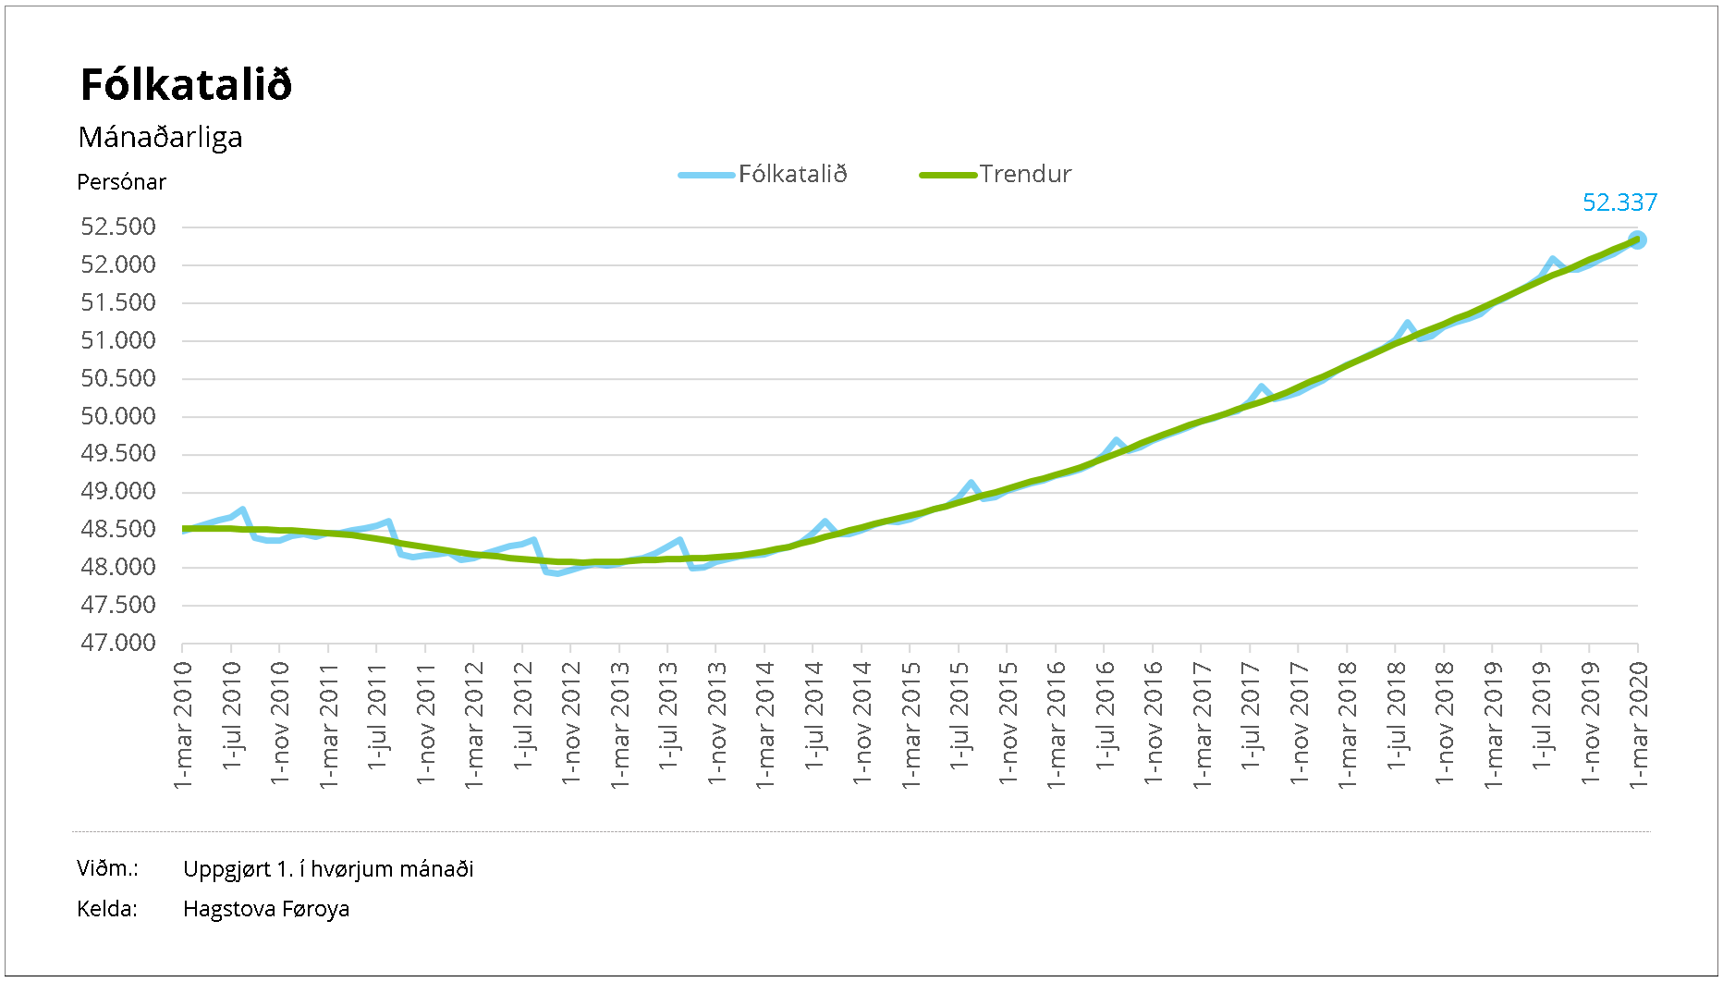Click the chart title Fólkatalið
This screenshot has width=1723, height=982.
pos(186,85)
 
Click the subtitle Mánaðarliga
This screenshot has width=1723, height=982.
pos(160,138)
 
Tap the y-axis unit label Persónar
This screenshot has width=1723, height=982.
pos(121,182)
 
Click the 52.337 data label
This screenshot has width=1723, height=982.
pos(1619,203)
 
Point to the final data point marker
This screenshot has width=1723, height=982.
pos(1637,240)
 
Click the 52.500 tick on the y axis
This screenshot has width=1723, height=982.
pos(118,227)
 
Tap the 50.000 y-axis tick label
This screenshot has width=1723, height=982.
pos(118,417)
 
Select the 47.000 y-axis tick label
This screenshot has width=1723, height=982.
pos(118,644)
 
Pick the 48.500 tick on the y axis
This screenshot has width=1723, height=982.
pos(118,530)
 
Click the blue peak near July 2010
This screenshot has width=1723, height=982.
pos(242,509)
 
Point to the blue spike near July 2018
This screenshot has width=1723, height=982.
pos(1408,324)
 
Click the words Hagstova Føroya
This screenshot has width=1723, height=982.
pos(266,909)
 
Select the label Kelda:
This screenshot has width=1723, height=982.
pos(107,909)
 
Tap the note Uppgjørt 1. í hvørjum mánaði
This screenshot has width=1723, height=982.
pos(328,869)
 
